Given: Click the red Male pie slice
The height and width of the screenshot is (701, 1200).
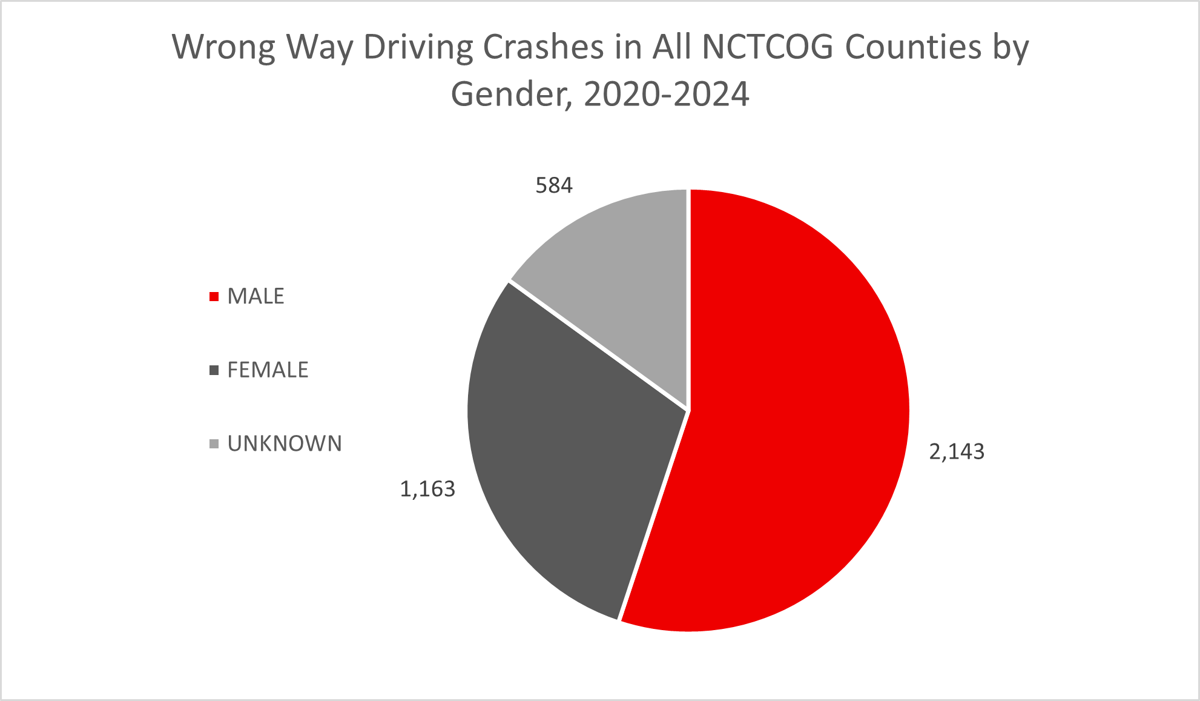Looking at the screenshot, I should (799, 412).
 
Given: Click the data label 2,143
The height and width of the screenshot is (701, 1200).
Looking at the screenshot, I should (957, 452).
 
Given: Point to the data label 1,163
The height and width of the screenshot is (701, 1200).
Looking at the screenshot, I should (427, 489).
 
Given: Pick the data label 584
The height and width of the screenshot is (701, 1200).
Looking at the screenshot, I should (554, 185).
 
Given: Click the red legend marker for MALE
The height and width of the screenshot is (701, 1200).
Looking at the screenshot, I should (214, 297).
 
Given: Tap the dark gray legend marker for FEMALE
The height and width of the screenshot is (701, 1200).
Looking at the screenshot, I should (214, 370).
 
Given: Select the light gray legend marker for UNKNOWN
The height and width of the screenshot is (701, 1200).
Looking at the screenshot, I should (214, 444).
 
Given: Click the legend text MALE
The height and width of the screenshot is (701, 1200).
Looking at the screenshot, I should (255, 296).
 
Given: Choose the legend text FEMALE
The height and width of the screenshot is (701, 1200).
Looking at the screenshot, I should (268, 370).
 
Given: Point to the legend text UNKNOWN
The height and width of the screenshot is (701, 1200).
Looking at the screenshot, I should (285, 444).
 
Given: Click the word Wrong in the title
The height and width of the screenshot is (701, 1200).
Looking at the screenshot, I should (223, 47).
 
